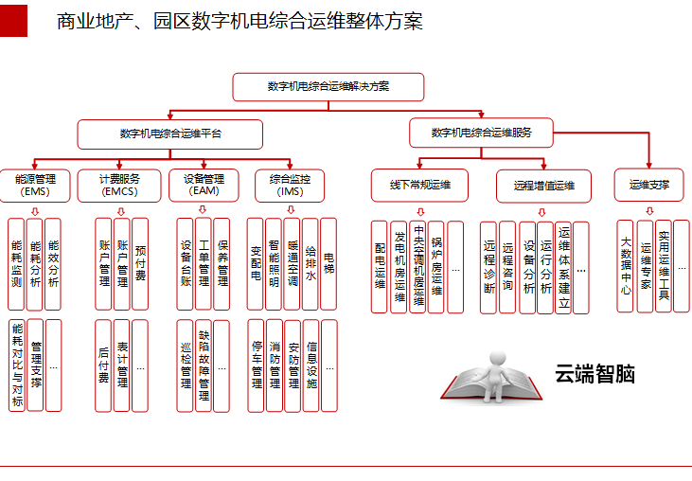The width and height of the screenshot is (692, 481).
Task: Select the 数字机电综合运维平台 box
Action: coord(170,134)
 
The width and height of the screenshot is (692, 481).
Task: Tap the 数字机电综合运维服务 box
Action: coord(481,133)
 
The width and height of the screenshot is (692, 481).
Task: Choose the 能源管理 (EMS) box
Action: coord(36,185)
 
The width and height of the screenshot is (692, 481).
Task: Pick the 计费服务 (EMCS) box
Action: coord(120,185)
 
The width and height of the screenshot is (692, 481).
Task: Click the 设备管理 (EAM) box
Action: coord(204,185)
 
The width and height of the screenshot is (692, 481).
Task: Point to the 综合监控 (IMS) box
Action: coord(290,185)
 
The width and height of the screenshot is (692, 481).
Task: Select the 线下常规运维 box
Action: coord(420,185)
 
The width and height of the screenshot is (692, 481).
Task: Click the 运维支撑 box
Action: coord(649,185)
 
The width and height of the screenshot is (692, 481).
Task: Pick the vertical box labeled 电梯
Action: coord(328,264)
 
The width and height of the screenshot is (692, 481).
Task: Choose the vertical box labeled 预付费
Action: coord(140,264)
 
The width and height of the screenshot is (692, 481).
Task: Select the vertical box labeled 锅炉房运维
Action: coord(436,267)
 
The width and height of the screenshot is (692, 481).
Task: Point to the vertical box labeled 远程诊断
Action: coord(489,268)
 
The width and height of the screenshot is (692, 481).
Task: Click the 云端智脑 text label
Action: coord(594,375)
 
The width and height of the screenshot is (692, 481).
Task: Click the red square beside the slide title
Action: coord(13,21)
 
